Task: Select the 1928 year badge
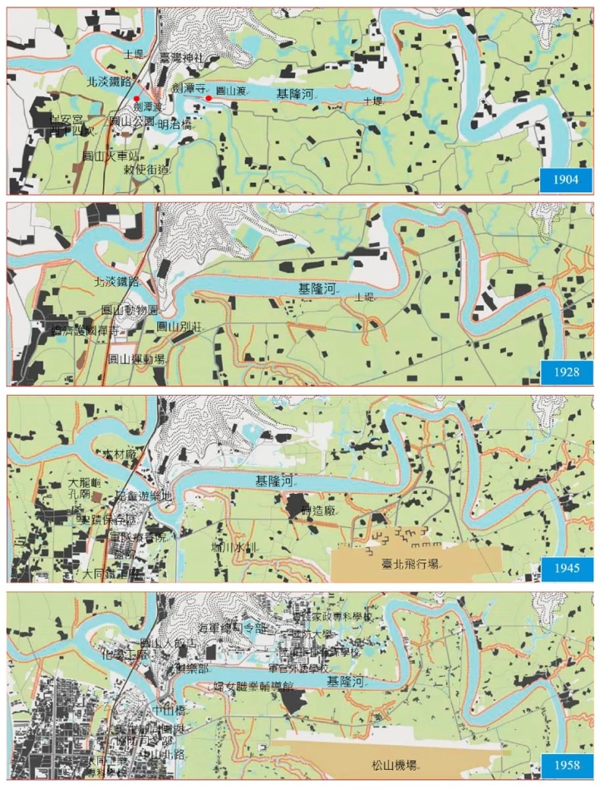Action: pyautogui.click(x=565, y=371)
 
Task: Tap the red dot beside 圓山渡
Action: pyautogui.click(x=209, y=99)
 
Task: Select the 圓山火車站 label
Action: pyautogui.click(x=109, y=155)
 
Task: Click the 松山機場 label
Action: pyautogui.click(x=388, y=763)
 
